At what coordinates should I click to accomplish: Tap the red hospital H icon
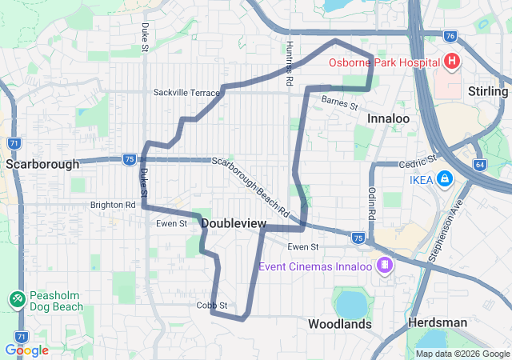[x=452, y=62]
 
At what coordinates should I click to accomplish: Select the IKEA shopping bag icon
[x=443, y=179]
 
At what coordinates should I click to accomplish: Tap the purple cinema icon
[x=385, y=265]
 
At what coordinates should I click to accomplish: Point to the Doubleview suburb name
[x=234, y=224]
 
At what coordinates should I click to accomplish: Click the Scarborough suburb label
[x=42, y=164]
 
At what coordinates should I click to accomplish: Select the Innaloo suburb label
[x=388, y=118]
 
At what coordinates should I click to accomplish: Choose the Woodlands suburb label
[x=340, y=324]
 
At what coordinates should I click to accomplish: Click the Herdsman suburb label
[x=437, y=322]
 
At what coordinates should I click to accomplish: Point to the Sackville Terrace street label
[x=186, y=93]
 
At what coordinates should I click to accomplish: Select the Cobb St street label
[x=212, y=306]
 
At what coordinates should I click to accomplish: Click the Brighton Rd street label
[x=113, y=205]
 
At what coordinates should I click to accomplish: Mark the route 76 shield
[x=450, y=35]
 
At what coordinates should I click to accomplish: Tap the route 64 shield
[x=479, y=165]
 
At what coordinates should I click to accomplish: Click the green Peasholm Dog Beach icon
[x=17, y=298]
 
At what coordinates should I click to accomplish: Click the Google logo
[x=26, y=350]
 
